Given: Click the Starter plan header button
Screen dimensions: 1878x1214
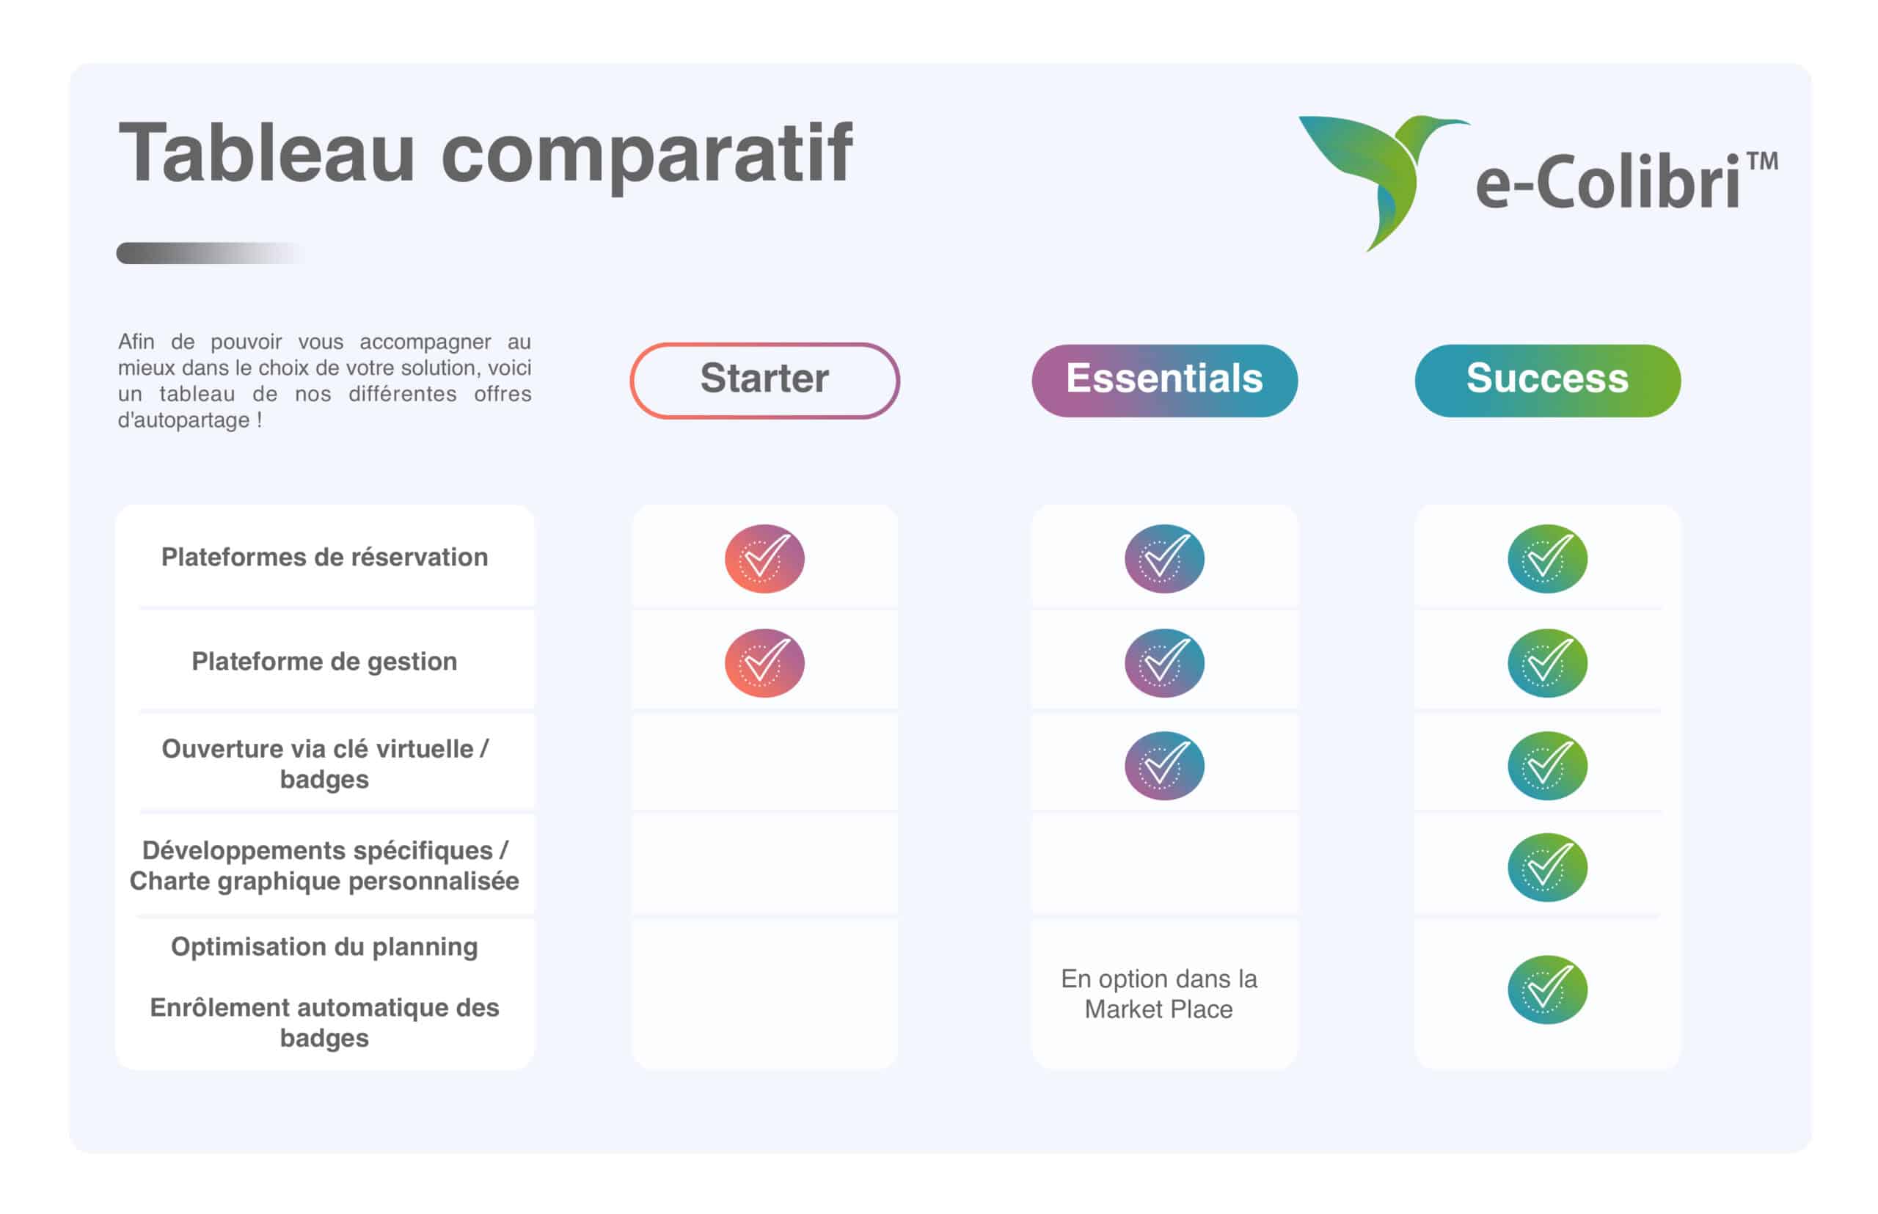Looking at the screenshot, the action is click(x=764, y=380).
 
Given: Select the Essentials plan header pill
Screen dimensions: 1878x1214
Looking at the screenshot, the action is click(x=1163, y=380).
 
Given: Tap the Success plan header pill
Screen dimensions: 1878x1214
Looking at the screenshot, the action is click(x=1547, y=380).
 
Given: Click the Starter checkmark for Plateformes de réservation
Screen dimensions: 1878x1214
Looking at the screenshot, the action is click(x=764, y=558).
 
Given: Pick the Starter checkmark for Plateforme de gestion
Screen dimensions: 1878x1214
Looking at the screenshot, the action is click(x=764, y=662).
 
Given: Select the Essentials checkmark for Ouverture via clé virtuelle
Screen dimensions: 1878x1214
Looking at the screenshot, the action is click(x=1163, y=766).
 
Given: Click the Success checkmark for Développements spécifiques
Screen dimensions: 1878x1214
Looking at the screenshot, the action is click(x=1547, y=867).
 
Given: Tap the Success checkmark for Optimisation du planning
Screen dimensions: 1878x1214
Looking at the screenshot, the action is click(x=1547, y=990).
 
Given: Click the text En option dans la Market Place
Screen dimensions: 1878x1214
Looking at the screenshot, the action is click(x=1158, y=993).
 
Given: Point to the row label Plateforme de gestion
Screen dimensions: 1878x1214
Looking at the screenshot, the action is click(x=324, y=662).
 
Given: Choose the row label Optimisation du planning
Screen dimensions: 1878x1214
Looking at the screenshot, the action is click(x=324, y=947).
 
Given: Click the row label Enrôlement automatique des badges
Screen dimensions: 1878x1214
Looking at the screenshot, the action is click(x=324, y=1023).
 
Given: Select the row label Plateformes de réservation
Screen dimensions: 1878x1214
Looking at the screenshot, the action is click(x=324, y=557).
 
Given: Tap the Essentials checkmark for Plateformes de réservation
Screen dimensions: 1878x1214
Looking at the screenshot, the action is click(x=1163, y=558).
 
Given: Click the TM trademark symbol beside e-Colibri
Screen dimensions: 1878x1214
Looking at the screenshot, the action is click(x=1762, y=161).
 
